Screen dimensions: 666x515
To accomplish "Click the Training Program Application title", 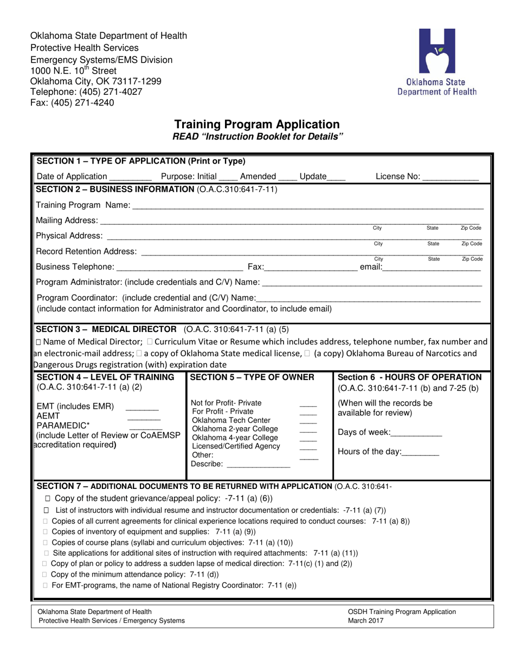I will pyautogui.click(x=257, y=124).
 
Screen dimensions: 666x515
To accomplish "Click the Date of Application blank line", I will pyautogui.click(x=131, y=177).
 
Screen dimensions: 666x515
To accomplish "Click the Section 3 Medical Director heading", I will pyautogui.click(x=106, y=329).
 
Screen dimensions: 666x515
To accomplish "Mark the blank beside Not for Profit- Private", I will pyautogui.click(x=308, y=404).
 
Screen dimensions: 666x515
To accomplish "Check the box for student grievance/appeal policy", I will pyautogui.click(x=47, y=498).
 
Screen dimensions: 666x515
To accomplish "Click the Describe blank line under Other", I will pyautogui.click(x=258, y=465).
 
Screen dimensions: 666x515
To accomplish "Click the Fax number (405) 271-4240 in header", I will pyautogui.click(x=81, y=102).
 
